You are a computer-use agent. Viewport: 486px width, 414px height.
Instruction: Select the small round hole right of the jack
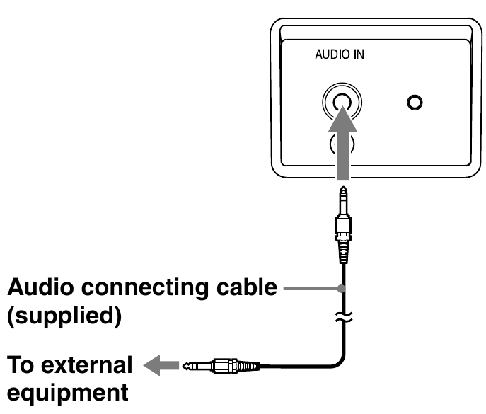coord(415,103)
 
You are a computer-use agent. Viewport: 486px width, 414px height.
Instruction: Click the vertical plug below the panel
coord(343,226)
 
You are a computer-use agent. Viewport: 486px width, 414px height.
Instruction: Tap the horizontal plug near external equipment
coord(219,366)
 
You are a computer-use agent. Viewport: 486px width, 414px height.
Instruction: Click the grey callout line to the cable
coord(311,289)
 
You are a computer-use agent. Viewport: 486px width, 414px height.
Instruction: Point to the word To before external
coord(21,366)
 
